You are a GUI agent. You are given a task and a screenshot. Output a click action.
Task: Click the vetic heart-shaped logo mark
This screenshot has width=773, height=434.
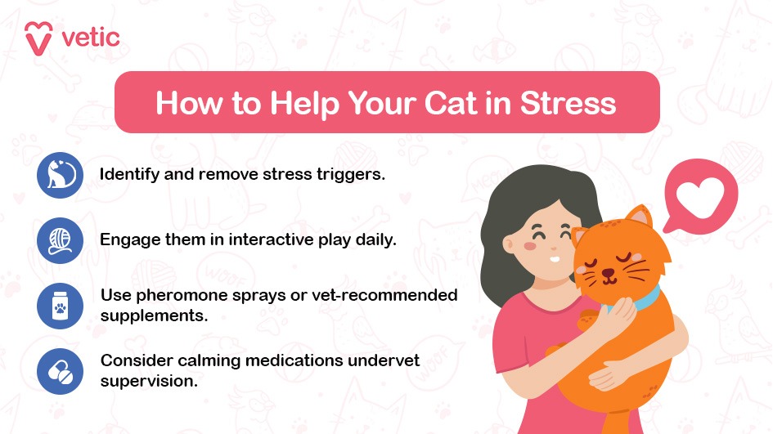coord(38,38)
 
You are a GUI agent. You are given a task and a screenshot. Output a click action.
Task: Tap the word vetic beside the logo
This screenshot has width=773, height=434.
coord(91,38)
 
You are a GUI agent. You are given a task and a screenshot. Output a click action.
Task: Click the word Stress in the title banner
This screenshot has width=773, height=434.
coord(568,103)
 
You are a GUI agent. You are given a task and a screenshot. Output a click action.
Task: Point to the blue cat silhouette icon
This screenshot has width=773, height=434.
coord(61,175)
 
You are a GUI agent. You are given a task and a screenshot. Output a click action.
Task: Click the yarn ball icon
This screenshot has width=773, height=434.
coord(61,240)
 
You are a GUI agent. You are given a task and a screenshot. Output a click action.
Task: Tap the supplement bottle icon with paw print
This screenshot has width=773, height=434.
coord(61,306)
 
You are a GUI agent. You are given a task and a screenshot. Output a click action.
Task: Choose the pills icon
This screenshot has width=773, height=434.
coord(61,371)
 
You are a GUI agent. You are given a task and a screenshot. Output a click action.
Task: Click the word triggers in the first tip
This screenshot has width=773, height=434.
coord(351,175)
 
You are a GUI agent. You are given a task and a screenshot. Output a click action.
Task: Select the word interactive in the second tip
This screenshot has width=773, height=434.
coord(271,240)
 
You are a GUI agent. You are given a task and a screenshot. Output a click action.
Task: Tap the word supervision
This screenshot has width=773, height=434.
coord(149,382)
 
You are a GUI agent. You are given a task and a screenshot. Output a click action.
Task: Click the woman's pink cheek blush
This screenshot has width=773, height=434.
coord(530,245)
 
